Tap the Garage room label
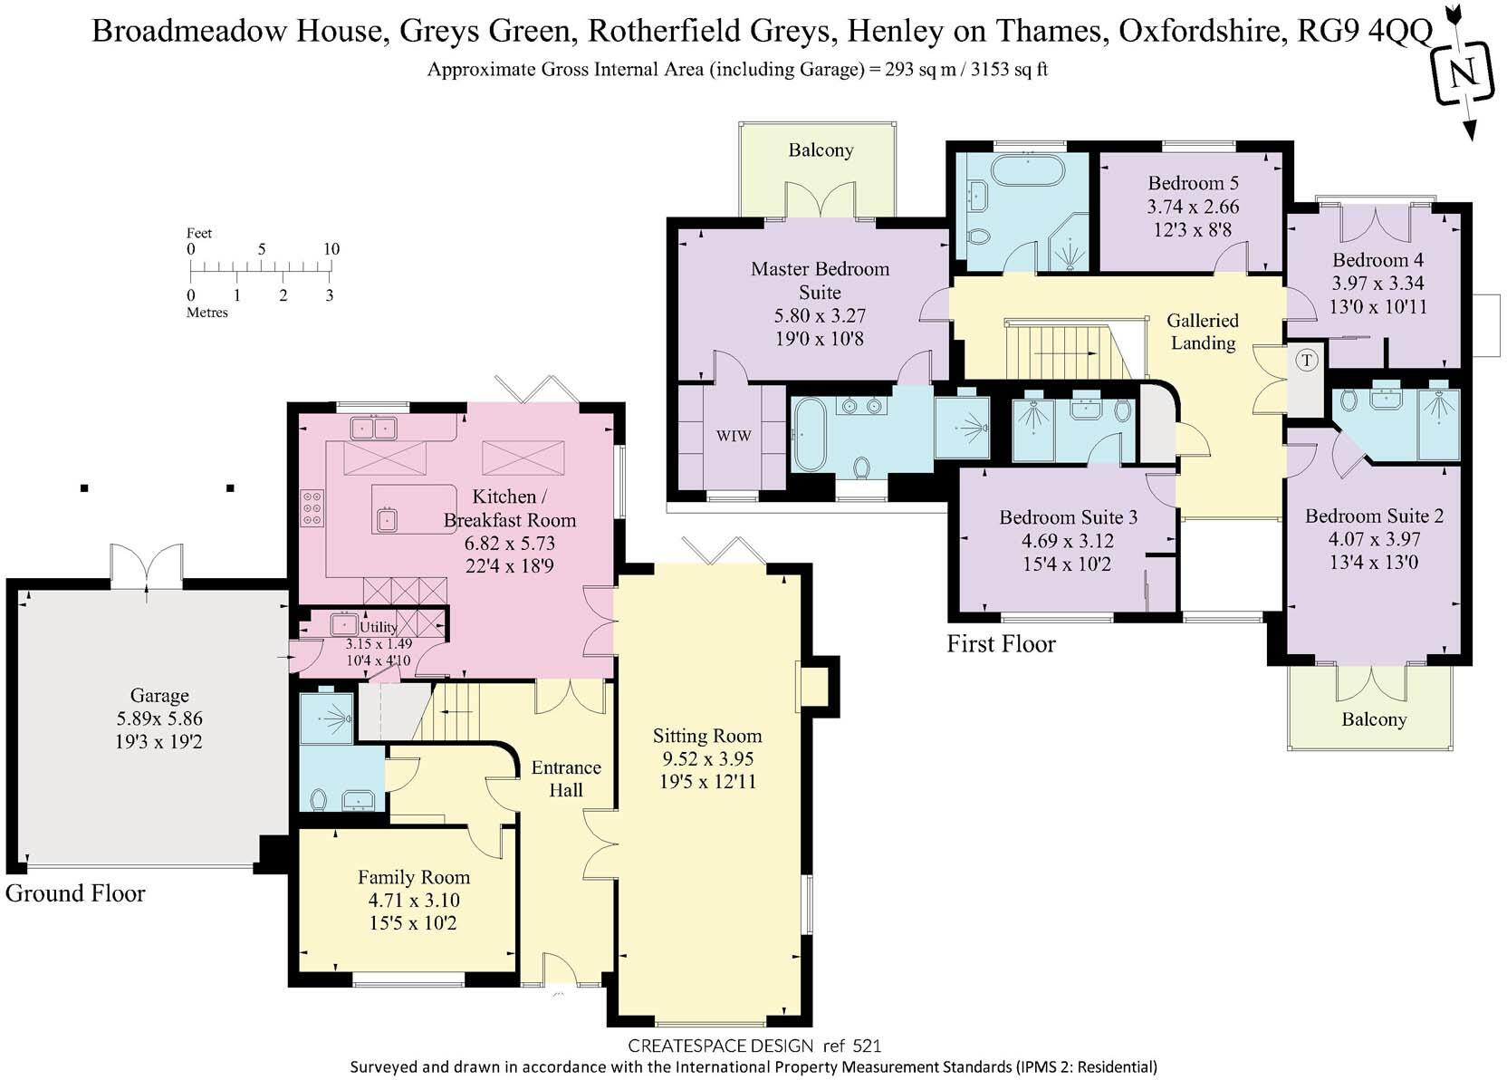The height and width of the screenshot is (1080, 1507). (x=159, y=696)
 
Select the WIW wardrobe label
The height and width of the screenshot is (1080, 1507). (x=734, y=436)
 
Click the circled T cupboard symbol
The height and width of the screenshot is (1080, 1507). (x=1306, y=361)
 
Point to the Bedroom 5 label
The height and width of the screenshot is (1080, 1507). (x=1193, y=183)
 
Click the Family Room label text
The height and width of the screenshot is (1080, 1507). (x=414, y=877)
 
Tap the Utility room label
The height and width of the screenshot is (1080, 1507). (x=379, y=627)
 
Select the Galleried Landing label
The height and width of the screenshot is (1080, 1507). (x=1202, y=332)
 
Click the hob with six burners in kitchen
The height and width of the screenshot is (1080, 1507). (x=313, y=507)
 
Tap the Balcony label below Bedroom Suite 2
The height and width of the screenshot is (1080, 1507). (x=1374, y=719)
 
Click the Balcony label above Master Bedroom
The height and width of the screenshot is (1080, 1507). (x=821, y=150)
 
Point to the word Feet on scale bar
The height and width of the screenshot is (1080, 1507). (x=199, y=233)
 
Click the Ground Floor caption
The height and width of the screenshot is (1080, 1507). (x=75, y=893)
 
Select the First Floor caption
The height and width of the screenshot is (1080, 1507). (x=1001, y=644)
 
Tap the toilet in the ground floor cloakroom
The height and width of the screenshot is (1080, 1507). (x=318, y=799)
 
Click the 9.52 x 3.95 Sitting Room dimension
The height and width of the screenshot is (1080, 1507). (x=707, y=758)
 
